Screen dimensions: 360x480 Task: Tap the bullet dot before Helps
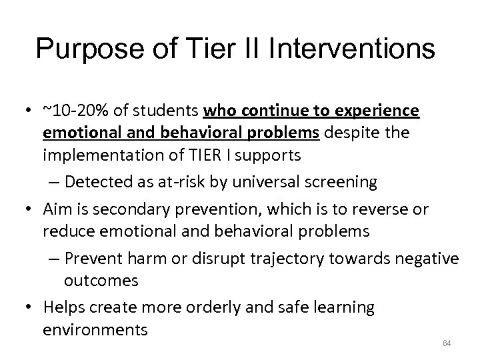[x=28, y=308]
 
